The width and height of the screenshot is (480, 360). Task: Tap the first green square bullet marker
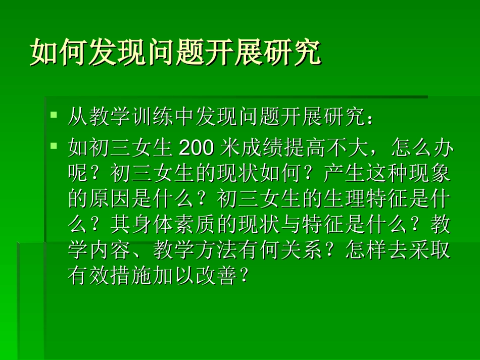tap(54, 116)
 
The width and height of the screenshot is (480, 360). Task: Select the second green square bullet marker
tap(54, 146)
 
